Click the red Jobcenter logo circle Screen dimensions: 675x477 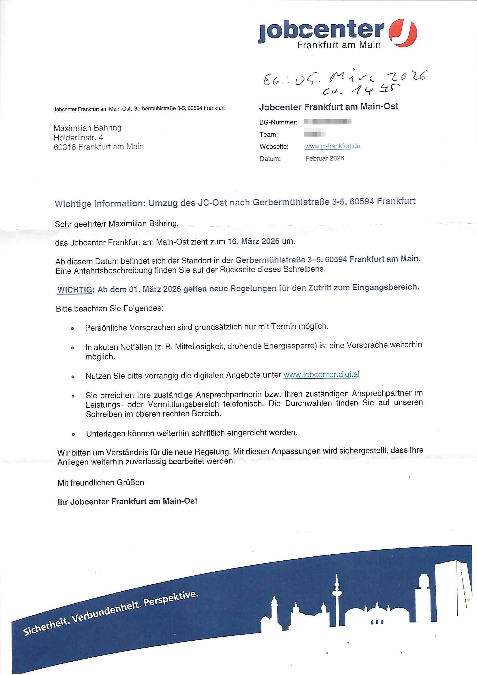tap(403, 33)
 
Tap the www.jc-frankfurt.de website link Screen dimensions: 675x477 tap(332, 146)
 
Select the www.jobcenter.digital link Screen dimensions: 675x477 tap(321, 374)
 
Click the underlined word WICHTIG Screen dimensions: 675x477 tap(75, 290)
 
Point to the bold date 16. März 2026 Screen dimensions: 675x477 tap(253, 242)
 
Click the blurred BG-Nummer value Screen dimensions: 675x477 tap(328, 122)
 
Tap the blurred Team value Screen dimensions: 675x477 tap(315, 134)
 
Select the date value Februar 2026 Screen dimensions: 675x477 tap(324, 159)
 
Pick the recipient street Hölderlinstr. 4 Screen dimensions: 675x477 tap(78, 137)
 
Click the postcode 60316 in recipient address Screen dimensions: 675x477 tap(65, 147)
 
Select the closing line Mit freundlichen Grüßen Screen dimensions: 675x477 tap(100, 483)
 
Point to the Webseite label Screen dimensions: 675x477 tap(274, 146)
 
